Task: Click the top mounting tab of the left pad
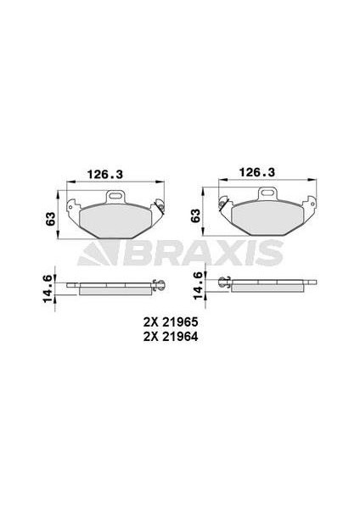point(116,198)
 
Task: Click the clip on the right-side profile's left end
point(224,283)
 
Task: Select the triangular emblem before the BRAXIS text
point(94,251)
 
